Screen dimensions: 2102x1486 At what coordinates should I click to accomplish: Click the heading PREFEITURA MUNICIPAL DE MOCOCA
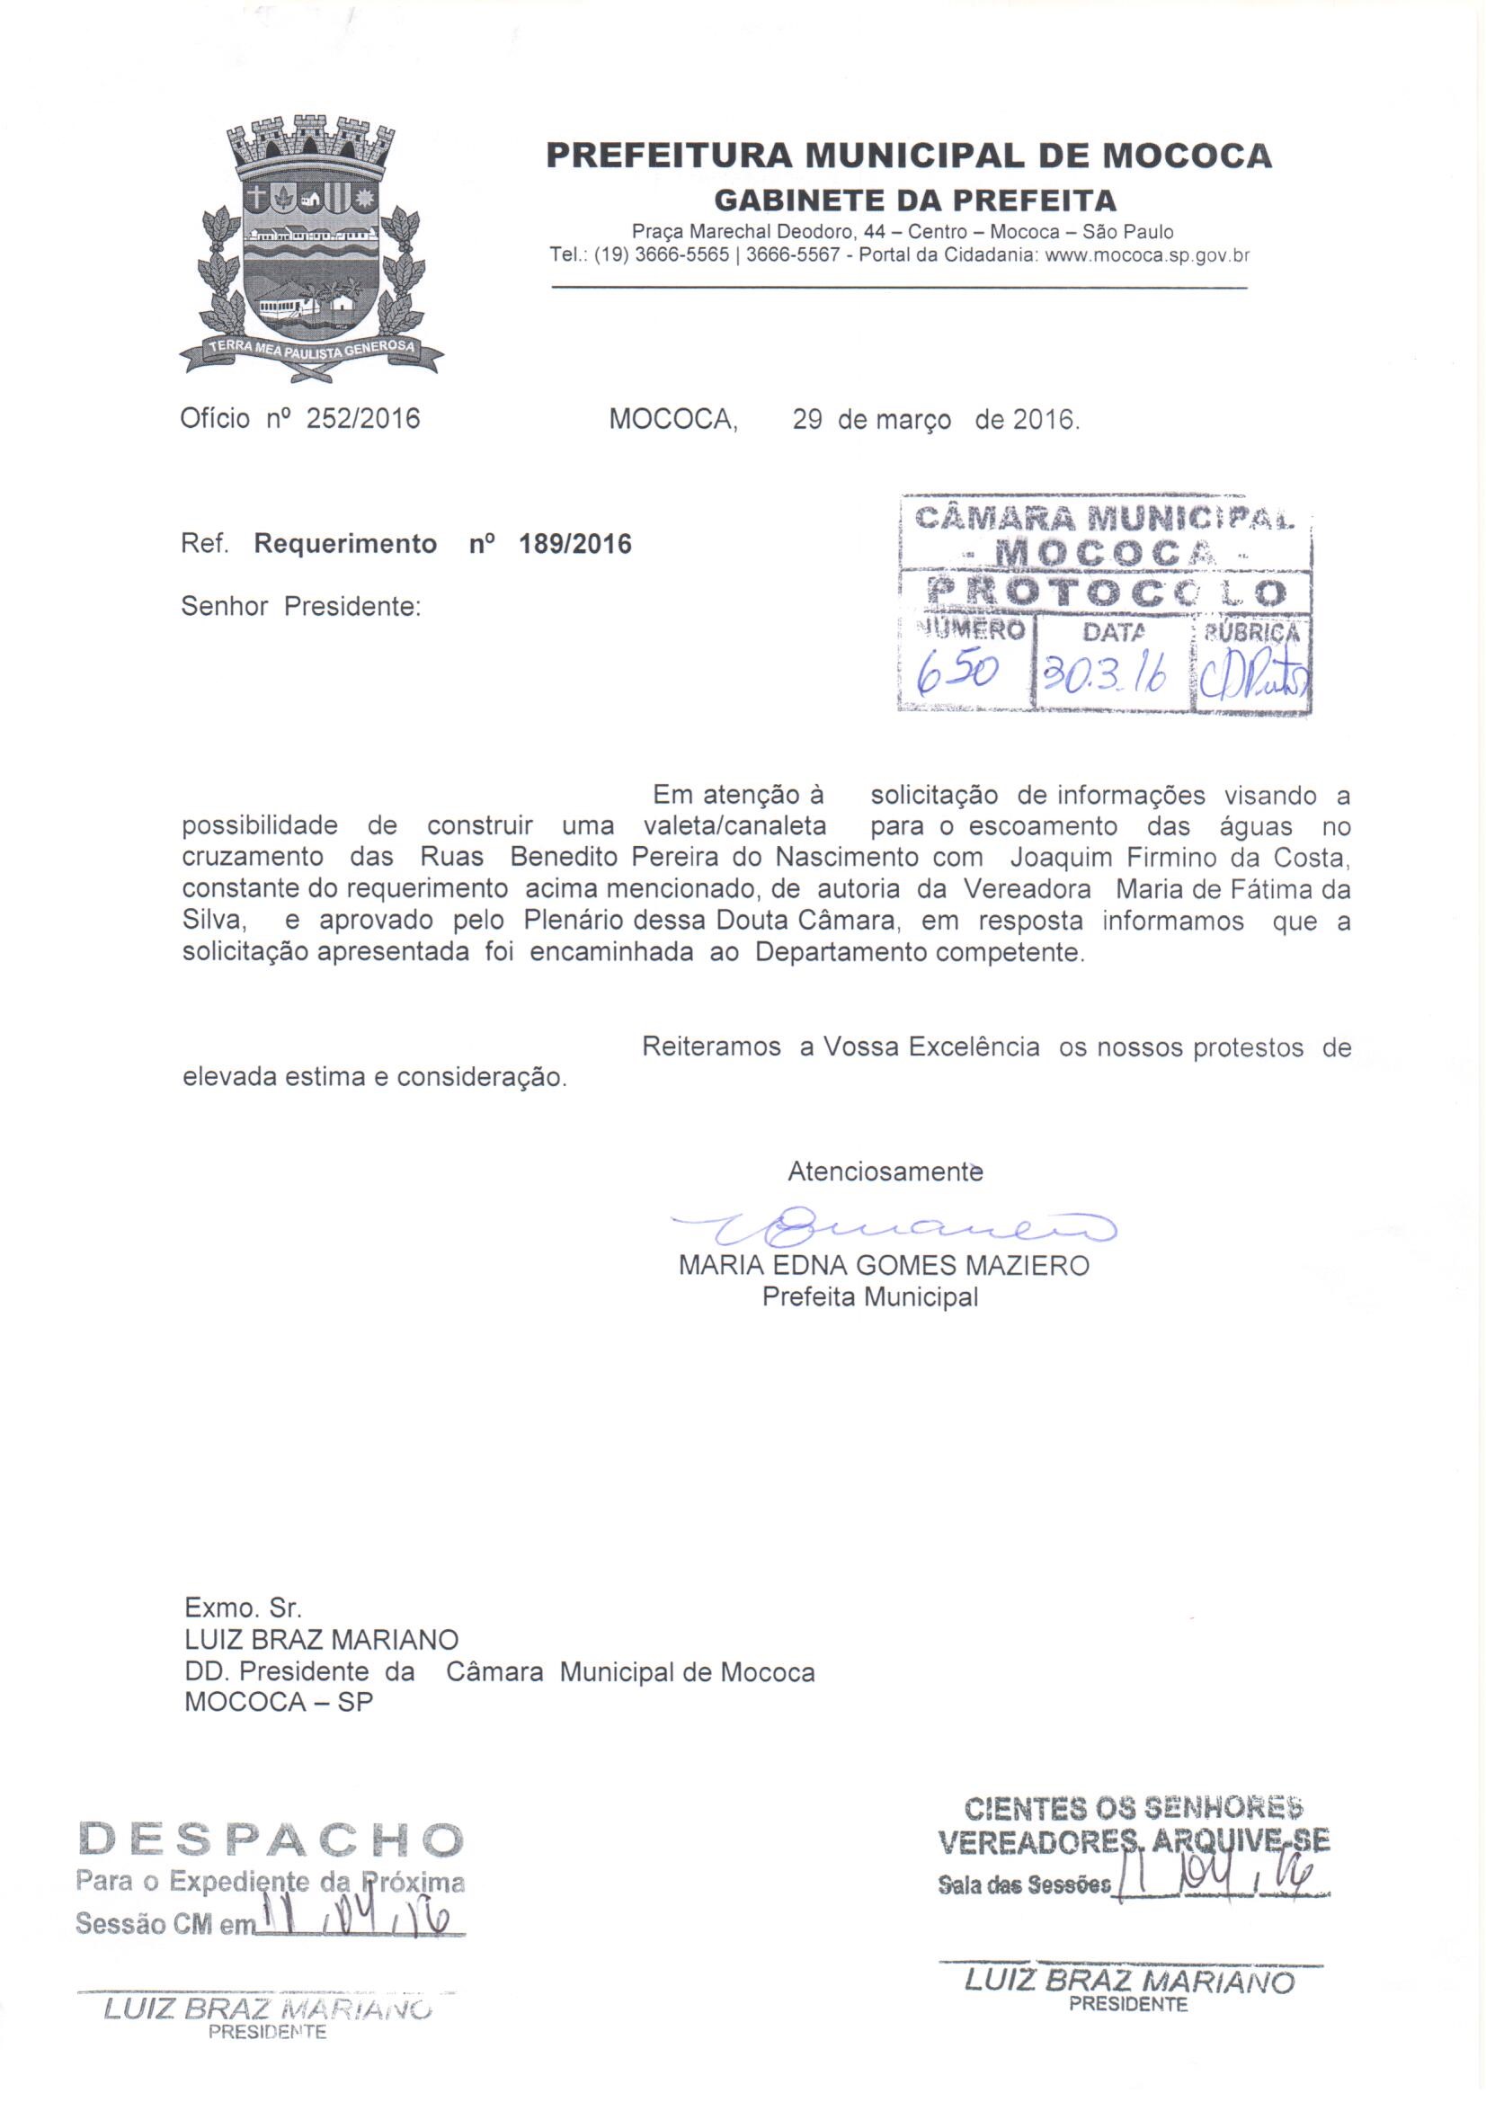(908, 156)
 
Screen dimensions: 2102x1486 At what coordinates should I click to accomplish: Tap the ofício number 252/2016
(362, 419)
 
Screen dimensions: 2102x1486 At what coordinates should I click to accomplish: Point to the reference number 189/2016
(575, 545)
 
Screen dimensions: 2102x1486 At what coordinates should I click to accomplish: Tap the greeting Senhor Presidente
(300, 607)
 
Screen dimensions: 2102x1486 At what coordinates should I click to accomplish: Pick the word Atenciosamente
(885, 1171)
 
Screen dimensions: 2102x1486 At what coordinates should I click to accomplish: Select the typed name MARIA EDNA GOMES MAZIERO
(884, 1266)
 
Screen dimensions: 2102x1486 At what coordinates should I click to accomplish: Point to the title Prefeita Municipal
(870, 1297)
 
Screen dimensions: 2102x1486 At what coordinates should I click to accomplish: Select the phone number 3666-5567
(793, 256)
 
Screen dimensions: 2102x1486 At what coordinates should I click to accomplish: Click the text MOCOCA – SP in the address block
(279, 1703)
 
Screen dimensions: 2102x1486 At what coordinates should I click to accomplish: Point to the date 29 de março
(871, 419)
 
